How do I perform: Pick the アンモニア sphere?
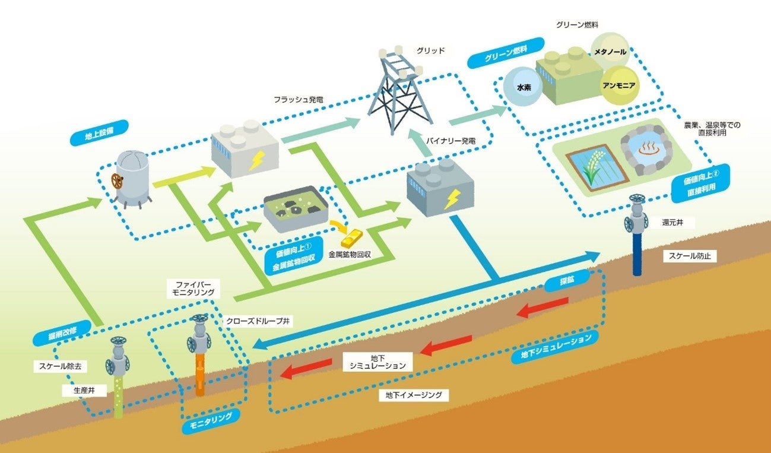(x=618, y=85)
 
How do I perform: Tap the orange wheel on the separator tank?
(x=117, y=181)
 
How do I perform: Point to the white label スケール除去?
(x=61, y=367)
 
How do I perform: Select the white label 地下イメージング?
(x=413, y=394)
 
